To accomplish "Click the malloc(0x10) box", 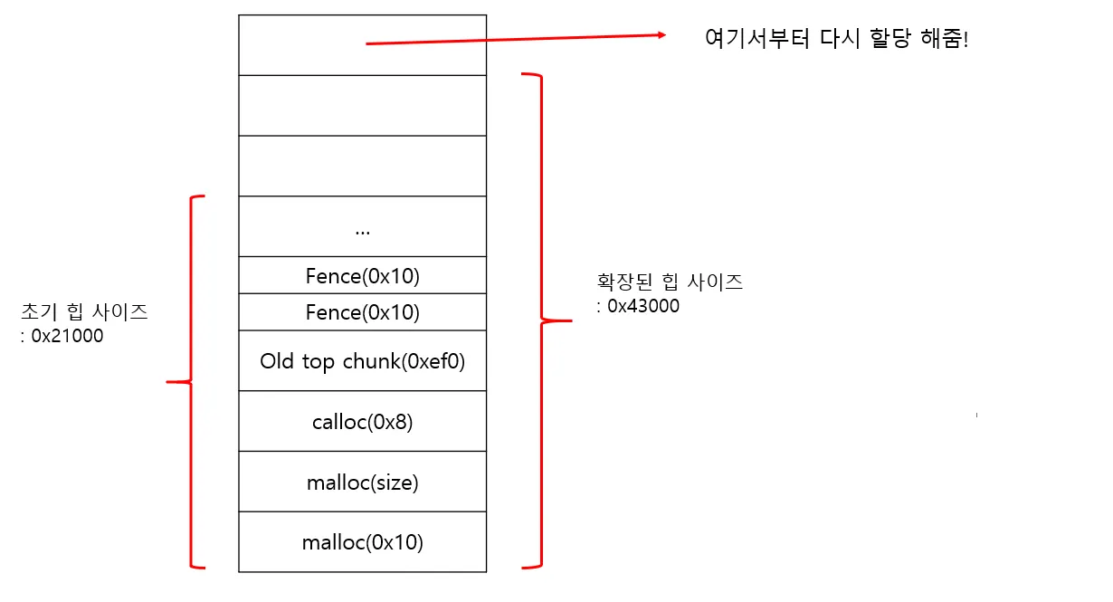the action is coord(362,542).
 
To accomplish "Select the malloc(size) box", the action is coord(362,483).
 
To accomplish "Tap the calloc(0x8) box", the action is coord(362,422).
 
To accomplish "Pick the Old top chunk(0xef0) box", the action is coord(362,361).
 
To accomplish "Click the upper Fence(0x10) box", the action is coord(362,276).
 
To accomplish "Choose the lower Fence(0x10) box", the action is coord(362,312).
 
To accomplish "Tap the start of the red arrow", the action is coord(367,43).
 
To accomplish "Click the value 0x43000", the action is coord(642,306).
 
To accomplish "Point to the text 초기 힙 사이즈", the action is coord(84,313).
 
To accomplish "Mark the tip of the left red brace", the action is coord(169,382).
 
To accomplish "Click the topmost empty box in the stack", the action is coord(362,44).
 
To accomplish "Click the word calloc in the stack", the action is coord(336,422).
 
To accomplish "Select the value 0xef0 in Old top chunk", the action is coord(438,361).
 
